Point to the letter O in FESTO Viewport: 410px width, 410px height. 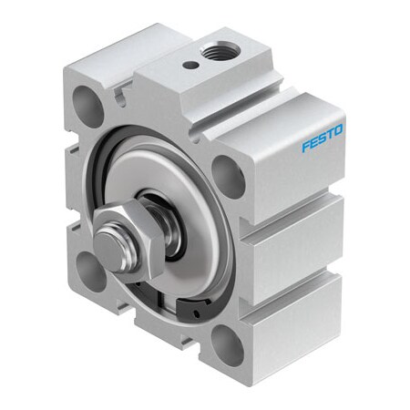(338, 133)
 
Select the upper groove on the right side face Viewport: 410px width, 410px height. (296, 218)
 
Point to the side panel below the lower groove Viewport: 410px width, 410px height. (292, 323)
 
